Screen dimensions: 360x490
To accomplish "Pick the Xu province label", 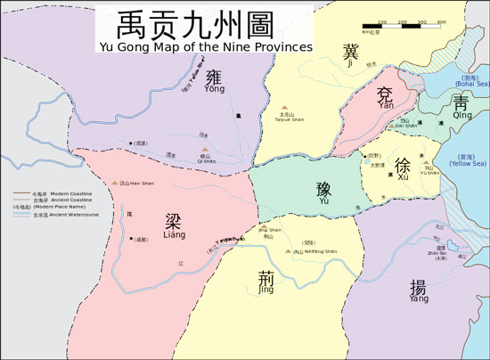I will pyautogui.click(x=403, y=168).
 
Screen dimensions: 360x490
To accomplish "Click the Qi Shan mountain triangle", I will pyautogui.click(x=206, y=149).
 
